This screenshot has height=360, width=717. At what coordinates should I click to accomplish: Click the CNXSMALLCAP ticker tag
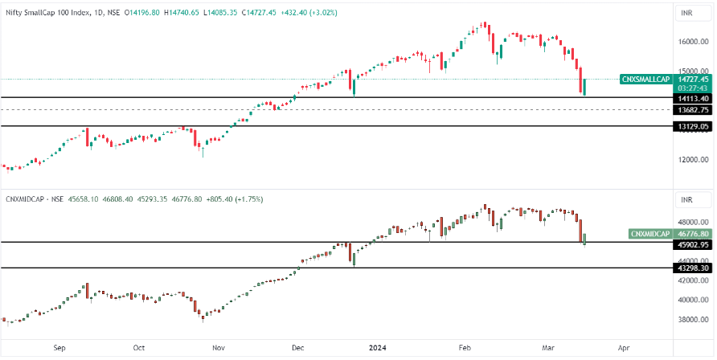coord(646,80)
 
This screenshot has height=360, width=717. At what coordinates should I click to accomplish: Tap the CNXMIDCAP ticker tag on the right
coord(649,234)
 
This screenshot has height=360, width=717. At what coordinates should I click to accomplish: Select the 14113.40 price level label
coord(692,98)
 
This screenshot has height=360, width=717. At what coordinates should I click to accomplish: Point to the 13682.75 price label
coord(692,109)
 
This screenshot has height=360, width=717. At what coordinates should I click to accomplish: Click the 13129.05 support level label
coord(692,126)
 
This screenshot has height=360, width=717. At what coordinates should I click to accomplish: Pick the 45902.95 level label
coord(692,243)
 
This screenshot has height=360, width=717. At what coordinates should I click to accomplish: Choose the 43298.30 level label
coord(692,268)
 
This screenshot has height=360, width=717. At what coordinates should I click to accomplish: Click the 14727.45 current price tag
coord(692,80)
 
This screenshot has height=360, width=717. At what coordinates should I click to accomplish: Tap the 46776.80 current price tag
coord(692,234)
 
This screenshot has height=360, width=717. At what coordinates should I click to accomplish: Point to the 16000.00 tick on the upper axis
coord(693,42)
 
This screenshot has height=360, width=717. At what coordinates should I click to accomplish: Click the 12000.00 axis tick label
coord(693,159)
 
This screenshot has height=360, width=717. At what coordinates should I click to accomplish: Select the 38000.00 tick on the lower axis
coord(693,319)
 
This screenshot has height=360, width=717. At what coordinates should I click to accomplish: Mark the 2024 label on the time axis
coord(378,349)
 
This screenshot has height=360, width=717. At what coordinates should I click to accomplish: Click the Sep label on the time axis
coord(59,349)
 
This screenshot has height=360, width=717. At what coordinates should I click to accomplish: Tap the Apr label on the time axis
coord(623,349)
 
